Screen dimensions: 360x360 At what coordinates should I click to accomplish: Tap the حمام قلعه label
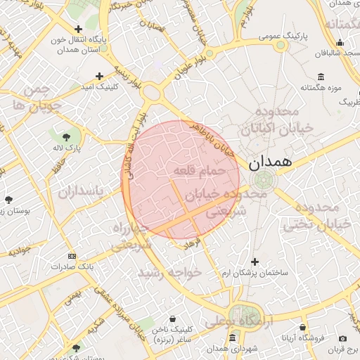(x=198, y=171)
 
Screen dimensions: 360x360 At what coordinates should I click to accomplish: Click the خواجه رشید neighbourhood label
(x=169, y=272)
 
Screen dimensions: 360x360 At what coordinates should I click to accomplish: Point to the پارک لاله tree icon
(x=66, y=136)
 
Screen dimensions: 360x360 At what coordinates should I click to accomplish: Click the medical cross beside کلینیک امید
(x=99, y=76)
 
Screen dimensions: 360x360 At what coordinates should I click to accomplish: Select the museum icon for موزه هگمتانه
(x=321, y=76)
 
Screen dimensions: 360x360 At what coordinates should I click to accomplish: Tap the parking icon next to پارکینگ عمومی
(x=281, y=46)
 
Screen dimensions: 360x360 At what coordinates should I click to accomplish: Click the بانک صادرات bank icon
(x=71, y=256)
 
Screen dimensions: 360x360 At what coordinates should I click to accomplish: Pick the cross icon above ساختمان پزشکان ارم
(x=255, y=262)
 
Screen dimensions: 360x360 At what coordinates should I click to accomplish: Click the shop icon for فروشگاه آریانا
(x=302, y=328)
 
